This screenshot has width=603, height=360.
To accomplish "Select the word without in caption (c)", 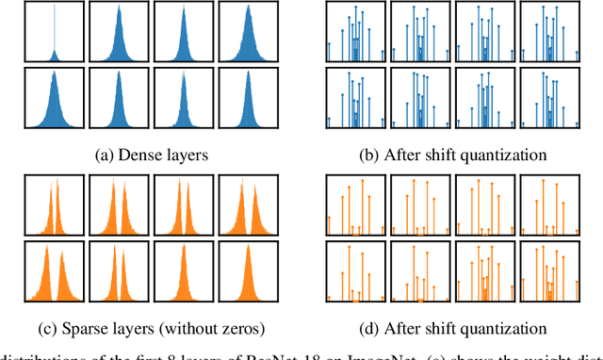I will point(192,328).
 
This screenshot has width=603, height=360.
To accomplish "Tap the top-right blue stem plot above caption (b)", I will point(549,29).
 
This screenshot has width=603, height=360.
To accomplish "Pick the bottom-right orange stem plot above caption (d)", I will point(549,272).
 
